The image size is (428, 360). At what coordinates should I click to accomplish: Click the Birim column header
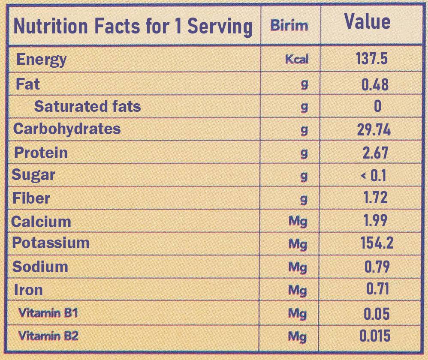(289, 26)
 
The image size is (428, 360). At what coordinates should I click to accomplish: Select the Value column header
(367, 21)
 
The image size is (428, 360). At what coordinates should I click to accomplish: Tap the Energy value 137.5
(371, 59)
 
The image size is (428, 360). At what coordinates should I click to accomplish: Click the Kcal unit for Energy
(297, 59)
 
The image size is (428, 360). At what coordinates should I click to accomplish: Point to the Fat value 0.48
(375, 84)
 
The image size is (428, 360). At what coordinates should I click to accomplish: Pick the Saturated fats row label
(87, 106)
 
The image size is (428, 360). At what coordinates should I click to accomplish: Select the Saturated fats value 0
(377, 106)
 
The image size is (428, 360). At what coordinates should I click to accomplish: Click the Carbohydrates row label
(67, 129)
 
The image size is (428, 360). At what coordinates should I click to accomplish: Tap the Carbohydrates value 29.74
(374, 129)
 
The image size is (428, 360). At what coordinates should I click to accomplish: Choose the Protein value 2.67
(375, 153)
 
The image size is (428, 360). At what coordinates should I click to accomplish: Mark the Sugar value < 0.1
(373, 176)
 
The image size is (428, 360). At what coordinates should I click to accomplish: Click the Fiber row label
(31, 198)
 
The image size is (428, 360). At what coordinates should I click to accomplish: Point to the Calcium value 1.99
(375, 220)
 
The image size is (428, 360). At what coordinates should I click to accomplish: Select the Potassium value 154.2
(377, 243)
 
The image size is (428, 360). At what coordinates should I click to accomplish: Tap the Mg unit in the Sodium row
(298, 267)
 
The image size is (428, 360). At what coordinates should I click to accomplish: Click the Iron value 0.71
(377, 289)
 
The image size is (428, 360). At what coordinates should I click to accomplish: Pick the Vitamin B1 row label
(48, 312)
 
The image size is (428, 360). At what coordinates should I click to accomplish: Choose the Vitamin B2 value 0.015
(374, 336)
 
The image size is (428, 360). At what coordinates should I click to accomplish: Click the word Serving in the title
(220, 27)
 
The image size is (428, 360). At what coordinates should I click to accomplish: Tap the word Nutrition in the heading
(51, 26)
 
